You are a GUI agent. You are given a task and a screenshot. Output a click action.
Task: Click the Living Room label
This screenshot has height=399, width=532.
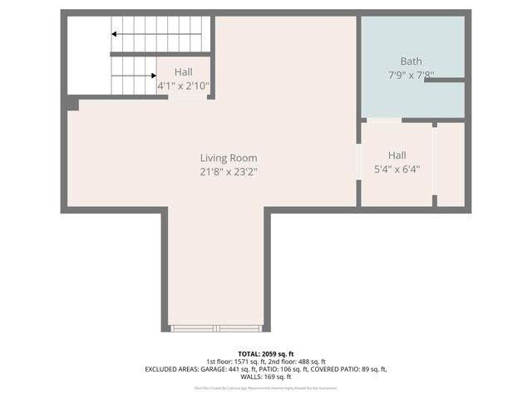pyautogui.click(x=228, y=158)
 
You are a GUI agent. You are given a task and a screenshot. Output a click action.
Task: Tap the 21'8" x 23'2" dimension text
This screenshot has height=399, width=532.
pyautogui.click(x=228, y=172)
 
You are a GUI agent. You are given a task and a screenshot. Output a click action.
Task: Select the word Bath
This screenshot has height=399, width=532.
pyautogui.click(x=411, y=61)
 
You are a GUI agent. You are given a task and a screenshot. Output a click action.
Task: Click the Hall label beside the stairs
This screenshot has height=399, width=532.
pyautogui.click(x=183, y=72)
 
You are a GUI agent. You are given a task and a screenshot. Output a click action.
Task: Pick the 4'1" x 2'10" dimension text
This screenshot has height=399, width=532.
pyautogui.click(x=183, y=86)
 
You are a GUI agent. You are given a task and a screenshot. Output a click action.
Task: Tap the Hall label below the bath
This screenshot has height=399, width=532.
pyautogui.click(x=397, y=155)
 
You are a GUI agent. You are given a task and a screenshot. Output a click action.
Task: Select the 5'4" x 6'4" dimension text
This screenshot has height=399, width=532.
pyautogui.click(x=397, y=169)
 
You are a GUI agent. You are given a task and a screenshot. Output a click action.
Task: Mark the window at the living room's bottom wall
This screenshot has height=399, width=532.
pyautogui.click(x=216, y=328)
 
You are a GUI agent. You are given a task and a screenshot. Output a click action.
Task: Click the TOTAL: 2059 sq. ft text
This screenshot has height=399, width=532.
pyautogui.click(x=265, y=353)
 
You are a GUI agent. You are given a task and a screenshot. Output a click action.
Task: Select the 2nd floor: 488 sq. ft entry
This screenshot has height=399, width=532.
pyautogui.click(x=297, y=361)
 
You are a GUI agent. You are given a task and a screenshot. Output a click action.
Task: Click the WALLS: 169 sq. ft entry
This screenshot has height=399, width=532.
pyautogui.click(x=265, y=377)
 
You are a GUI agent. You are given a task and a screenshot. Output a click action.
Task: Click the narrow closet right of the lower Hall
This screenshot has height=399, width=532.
pyautogui.click(x=450, y=164)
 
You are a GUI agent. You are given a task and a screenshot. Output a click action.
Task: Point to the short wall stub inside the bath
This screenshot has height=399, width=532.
pyautogui.click(x=444, y=80)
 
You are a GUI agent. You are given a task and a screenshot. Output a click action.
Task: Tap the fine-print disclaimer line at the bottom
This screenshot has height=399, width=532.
pyautogui.click(x=265, y=387)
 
